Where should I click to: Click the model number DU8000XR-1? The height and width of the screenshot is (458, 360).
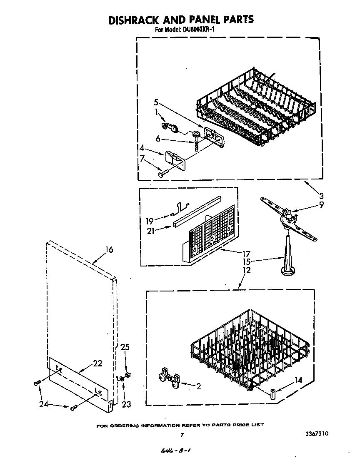click(197, 30)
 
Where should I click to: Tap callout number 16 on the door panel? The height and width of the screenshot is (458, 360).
click(109, 250)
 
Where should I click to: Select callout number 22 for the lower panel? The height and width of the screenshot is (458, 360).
click(97, 363)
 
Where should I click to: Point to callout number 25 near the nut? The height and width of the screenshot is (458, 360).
click(125, 347)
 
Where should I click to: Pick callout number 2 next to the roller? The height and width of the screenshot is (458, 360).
click(198, 386)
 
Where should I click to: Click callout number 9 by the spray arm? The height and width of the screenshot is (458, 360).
click(321, 205)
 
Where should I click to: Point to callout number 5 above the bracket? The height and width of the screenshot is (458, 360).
click(155, 102)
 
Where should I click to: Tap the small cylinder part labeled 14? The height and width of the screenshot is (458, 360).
click(273, 393)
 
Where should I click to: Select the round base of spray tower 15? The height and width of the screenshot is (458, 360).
click(287, 273)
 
